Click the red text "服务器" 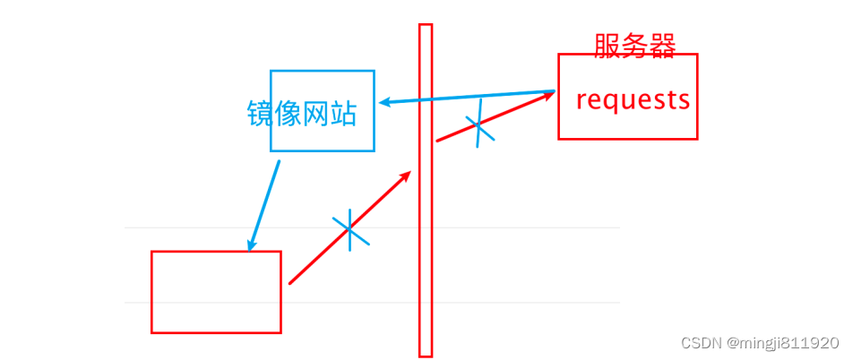(x=634, y=45)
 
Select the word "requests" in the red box (x=633, y=99)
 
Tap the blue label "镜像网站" (x=302, y=114)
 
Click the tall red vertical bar (x=426, y=190)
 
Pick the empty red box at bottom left (x=216, y=292)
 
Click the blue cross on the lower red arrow (x=350, y=230)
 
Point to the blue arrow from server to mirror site (x=466, y=97)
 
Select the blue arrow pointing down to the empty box (x=264, y=206)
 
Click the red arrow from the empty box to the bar (x=349, y=227)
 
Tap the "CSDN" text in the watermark (x=701, y=343)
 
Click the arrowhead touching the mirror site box (x=383, y=102)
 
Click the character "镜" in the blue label (x=261, y=114)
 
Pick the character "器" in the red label (x=662, y=45)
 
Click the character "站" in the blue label (x=343, y=114)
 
